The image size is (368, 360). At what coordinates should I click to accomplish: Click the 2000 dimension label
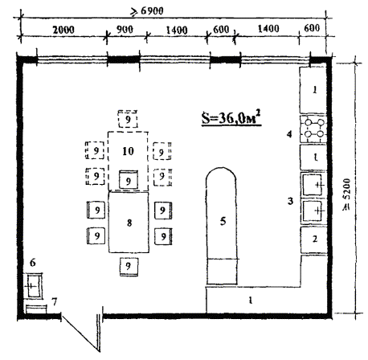63,30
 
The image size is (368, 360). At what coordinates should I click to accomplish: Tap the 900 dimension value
125,29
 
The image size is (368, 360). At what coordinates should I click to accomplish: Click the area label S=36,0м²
231,117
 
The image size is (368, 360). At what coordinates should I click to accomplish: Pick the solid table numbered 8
129,222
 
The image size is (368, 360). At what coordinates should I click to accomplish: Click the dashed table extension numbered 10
128,161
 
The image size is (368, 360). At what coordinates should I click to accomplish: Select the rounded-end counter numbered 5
222,227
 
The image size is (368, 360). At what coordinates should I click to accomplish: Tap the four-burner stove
313,129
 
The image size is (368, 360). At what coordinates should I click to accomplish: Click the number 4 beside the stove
289,134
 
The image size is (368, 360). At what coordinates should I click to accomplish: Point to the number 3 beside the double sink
290,201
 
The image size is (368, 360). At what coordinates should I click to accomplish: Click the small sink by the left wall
33,286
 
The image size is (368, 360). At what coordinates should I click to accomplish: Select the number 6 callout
32,263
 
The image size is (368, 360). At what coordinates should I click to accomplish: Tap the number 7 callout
55,301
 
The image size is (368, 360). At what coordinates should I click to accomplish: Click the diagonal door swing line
80,333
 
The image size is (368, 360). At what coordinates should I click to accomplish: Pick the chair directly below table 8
129,267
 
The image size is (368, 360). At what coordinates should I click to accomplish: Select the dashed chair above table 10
128,119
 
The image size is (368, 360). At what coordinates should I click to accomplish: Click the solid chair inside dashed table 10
129,179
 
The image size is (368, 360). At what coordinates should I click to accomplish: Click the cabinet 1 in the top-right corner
313,90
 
